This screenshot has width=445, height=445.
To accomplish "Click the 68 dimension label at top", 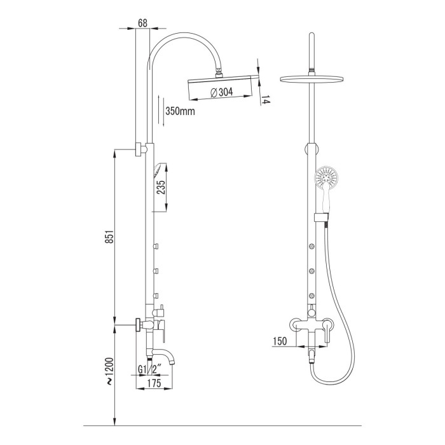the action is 143,23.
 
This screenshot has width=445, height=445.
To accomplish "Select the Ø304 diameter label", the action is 222,92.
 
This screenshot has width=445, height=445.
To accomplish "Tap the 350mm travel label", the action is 180,111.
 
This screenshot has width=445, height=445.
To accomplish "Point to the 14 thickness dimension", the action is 264,100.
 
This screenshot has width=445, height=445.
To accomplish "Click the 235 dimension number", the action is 161,187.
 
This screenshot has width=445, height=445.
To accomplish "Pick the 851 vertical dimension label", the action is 110,236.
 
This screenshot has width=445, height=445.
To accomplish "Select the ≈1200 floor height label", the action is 110,371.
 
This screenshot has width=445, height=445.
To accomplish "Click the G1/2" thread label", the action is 149,369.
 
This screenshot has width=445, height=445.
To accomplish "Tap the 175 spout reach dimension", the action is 154,383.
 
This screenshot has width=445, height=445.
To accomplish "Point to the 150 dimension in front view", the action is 280,341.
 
